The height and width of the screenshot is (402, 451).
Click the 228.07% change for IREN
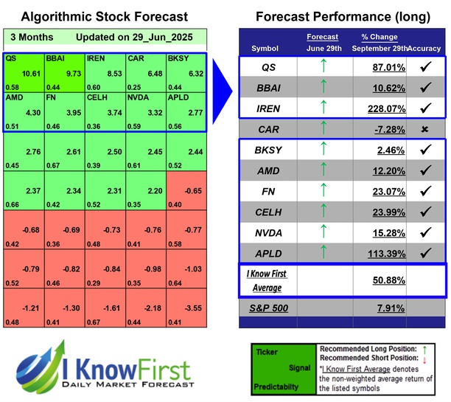tap(376, 108)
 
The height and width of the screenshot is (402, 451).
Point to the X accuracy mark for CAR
tap(424, 129)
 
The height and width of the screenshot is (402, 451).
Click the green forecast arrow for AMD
tap(321, 172)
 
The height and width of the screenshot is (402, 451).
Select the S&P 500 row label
tap(270, 308)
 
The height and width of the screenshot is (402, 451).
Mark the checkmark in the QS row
tap(424, 66)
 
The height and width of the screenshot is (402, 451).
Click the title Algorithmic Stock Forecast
tap(104, 16)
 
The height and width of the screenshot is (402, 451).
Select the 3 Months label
tap(32, 37)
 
